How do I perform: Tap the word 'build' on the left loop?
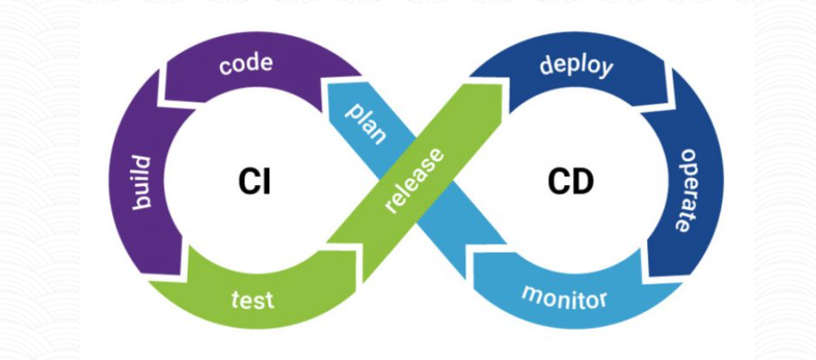pos(141,183)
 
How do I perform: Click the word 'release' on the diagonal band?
pos(414,180)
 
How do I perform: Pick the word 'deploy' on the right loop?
pos(576,65)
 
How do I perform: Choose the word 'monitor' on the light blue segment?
pos(563,297)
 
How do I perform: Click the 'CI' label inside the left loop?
pos(254,182)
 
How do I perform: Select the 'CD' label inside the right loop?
pos(570,182)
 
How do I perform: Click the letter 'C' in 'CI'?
pos(246,182)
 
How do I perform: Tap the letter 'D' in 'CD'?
pos(582,182)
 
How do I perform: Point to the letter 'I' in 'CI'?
pos(266,182)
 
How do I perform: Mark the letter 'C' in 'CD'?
pos(558,182)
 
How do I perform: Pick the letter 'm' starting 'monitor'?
pos(531,294)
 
